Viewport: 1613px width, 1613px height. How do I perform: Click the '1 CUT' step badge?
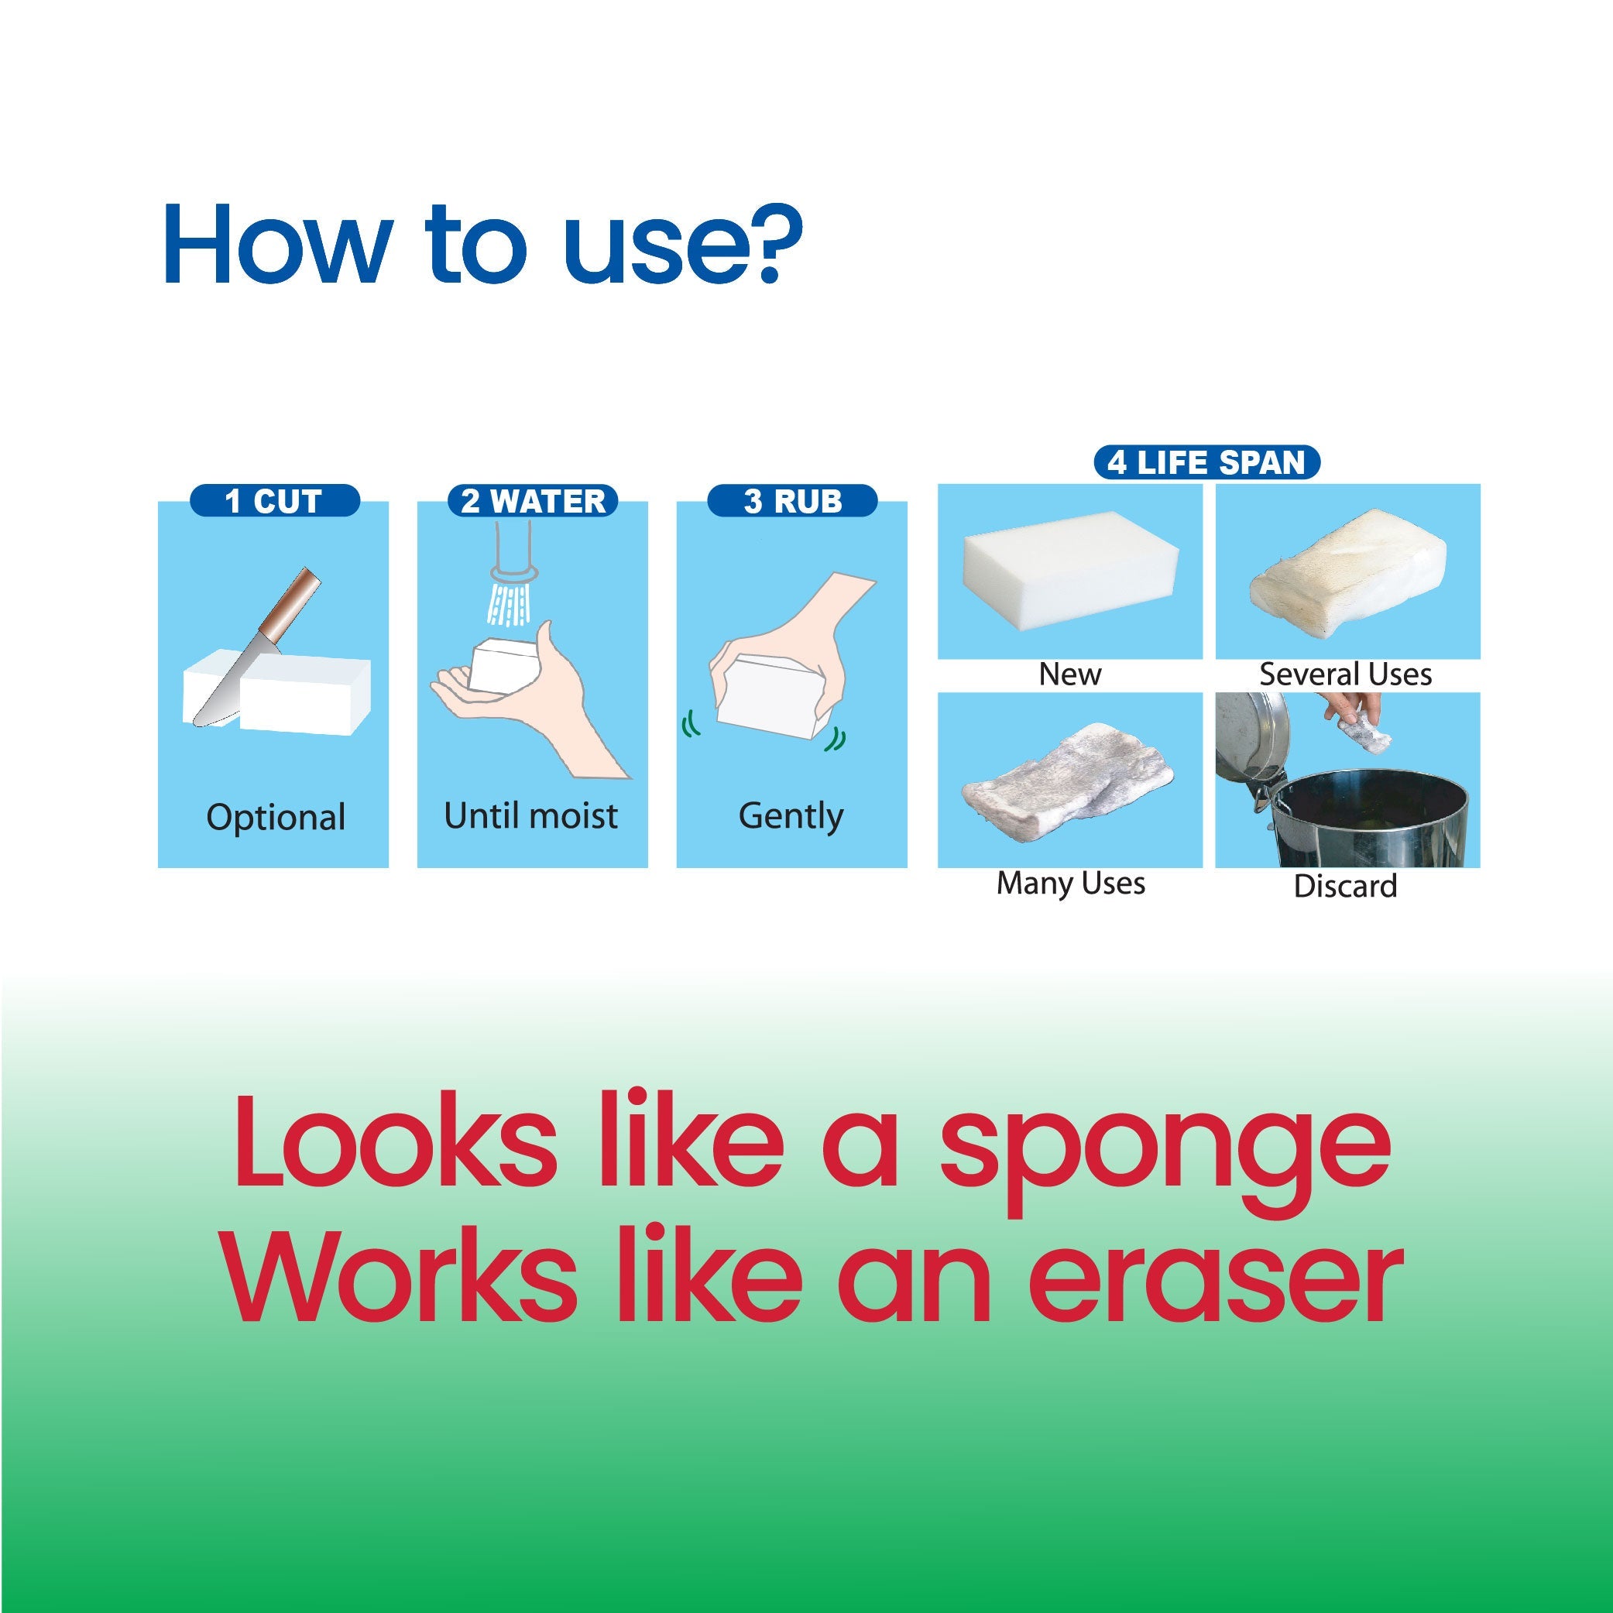click(275, 501)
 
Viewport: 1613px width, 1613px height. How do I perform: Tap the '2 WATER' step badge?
click(533, 501)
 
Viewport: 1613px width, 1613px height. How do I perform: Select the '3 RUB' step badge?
click(791, 501)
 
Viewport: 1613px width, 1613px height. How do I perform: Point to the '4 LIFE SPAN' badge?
click(1206, 462)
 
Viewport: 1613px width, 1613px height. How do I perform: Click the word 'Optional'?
click(276, 818)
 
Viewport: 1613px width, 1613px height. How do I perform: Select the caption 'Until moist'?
click(531, 815)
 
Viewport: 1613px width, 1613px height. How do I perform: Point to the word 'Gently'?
click(791, 815)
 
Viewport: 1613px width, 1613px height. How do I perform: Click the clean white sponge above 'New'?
click(1069, 572)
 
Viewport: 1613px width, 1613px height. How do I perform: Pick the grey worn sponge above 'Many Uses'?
click(1069, 781)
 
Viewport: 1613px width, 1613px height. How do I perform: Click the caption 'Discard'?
click(1345, 886)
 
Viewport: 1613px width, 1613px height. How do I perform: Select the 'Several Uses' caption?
click(1345, 674)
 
